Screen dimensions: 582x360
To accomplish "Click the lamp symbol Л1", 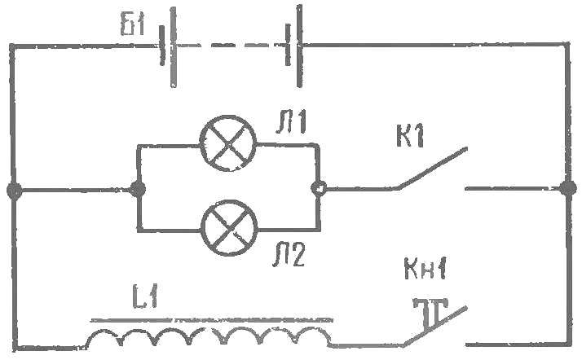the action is [x=228, y=143].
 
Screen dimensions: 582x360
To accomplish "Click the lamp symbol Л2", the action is [x=229, y=228].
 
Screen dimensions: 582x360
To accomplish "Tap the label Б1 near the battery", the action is [x=133, y=24].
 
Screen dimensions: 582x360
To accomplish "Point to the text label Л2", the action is [x=289, y=255].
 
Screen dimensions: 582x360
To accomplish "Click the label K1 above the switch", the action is [x=410, y=137].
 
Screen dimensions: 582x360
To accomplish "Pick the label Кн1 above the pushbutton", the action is [x=425, y=269].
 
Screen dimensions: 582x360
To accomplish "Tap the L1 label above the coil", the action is [x=145, y=296].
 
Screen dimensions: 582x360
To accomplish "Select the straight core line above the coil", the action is [x=212, y=319].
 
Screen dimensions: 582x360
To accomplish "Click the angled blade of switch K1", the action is [x=432, y=168].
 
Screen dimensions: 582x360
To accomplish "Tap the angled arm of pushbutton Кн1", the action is [x=435, y=327].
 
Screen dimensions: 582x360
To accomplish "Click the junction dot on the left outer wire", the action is [x=15, y=191].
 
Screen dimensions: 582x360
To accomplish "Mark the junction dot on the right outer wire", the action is [x=568, y=188].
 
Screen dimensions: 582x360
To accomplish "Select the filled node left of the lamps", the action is [x=138, y=190].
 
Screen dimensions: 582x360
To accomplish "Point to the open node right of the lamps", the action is [x=319, y=188].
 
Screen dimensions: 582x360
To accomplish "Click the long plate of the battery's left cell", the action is [x=174, y=47].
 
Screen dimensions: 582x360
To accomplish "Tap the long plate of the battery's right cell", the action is [x=299, y=46].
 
